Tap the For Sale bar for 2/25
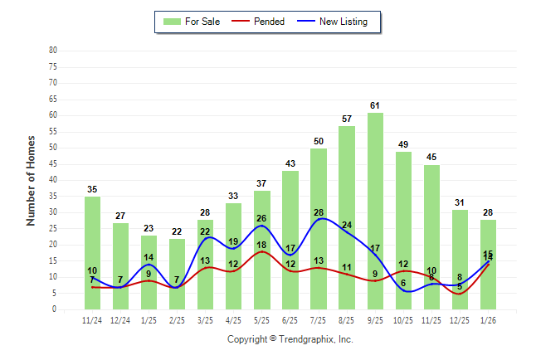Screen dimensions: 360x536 pos(178,274)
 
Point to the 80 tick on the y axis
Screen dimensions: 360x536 pos(52,50)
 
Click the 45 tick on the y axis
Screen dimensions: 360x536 pos(52,163)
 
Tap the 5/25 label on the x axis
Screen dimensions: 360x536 pos(262,319)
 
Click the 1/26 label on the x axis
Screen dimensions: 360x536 pos(489,319)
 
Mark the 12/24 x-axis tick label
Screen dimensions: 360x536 pos(120,319)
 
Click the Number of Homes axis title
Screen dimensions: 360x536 pos(31,180)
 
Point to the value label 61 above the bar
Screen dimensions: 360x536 pos(376,105)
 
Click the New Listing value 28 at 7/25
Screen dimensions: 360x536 pos(319,213)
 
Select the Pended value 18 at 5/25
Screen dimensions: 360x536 pos(262,246)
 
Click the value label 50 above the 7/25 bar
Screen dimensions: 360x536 pos(319,141)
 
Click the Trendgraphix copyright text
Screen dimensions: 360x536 pos(290,339)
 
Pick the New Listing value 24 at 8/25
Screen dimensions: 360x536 pos(347,226)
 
